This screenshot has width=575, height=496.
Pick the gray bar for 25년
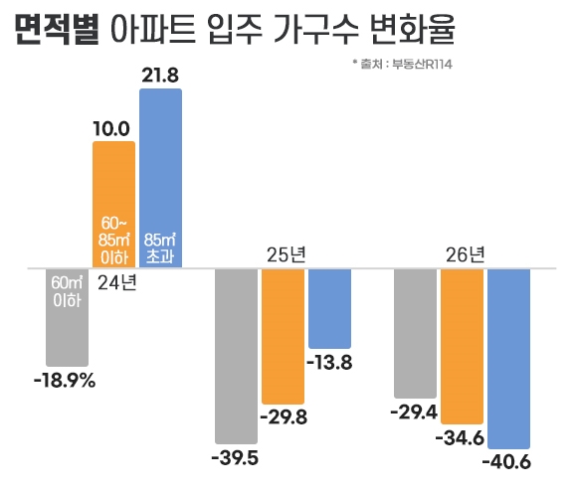click(x=237, y=355)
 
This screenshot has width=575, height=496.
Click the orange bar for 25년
click(x=283, y=333)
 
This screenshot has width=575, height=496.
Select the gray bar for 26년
click(x=416, y=333)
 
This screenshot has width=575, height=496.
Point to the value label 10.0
click(x=111, y=128)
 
